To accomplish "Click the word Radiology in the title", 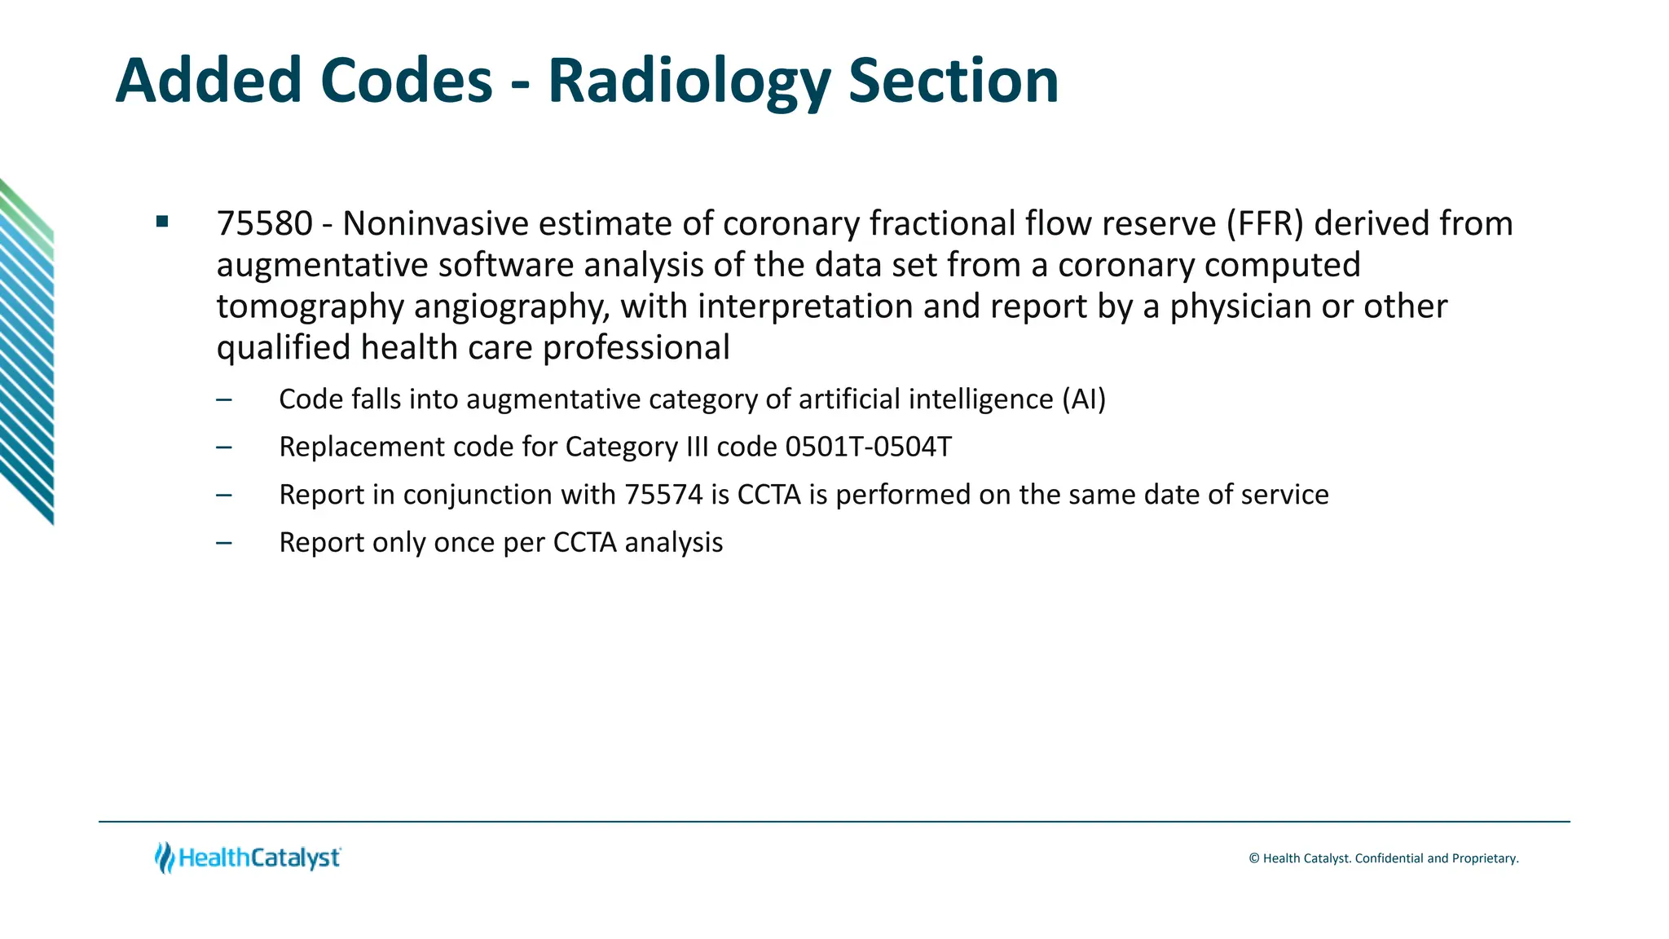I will (x=689, y=82).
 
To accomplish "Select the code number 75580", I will (x=265, y=224).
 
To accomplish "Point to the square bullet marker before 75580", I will (x=162, y=221).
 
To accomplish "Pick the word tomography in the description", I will (x=310, y=307).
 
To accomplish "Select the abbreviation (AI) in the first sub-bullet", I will (x=1083, y=399).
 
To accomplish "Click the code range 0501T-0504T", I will (x=868, y=447).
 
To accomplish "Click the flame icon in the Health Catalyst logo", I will (x=165, y=857).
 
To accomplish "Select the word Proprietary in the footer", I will (x=1483, y=858).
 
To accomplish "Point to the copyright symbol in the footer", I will (x=1254, y=858).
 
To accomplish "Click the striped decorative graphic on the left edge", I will (x=27, y=350).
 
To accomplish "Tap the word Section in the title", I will (x=953, y=81).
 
